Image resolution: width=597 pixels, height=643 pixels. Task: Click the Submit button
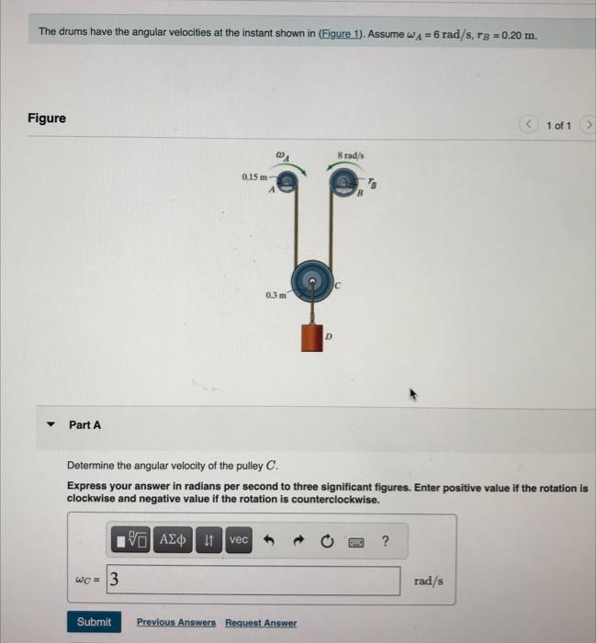[93, 622]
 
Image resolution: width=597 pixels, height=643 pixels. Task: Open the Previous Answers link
[176, 623]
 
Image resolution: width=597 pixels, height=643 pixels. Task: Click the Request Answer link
[261, 623]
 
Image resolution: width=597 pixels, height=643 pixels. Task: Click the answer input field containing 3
[253, 581]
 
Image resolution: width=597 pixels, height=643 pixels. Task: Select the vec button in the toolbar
[238, 540]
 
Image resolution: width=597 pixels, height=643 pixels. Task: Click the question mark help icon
[385, 540]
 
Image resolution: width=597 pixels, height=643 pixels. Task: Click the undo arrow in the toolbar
[270, 540]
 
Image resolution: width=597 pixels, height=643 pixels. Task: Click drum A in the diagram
[287, 185]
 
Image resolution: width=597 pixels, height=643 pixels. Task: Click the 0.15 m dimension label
[254, 175]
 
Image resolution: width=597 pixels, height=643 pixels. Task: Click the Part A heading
[84, 424]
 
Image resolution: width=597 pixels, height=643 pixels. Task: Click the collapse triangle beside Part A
[51, 424]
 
